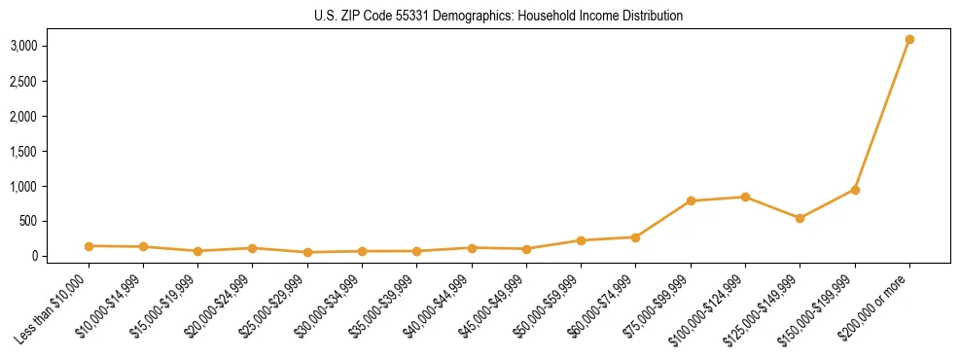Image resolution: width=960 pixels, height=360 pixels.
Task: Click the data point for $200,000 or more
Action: pyautogui.click(x=909, y=40)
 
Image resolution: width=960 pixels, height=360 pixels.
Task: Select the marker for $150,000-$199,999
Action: pyautogui.click(x=855, y=190)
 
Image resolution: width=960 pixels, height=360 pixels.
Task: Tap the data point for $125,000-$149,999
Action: pyautogui.click(x=800, y=218)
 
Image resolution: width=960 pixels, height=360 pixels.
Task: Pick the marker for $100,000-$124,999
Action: pyautogui.click(x=745, y=197)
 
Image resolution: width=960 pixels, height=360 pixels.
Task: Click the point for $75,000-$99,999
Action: pyautogui.click(x=691, y=201)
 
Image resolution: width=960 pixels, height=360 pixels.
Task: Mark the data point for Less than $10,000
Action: pyautogui.click(x=89, y=246)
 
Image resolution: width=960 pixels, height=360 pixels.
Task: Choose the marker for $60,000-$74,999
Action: pyautogui.click(x=635, y=237)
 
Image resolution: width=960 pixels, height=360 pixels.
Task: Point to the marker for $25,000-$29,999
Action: pyautogui.click(x=307, y=252)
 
